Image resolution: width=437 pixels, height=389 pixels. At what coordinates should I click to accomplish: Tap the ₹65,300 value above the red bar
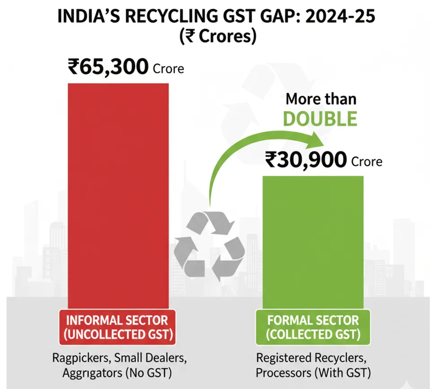coord(108,68)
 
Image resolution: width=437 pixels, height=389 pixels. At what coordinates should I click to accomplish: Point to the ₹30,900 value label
coord(305,160)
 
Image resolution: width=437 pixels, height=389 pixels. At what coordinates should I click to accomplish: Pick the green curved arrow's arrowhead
coord(315,142)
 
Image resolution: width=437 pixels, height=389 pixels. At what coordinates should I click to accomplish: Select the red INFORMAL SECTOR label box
coord(117,327)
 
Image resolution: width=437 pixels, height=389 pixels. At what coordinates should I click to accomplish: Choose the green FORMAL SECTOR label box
coord(313,327)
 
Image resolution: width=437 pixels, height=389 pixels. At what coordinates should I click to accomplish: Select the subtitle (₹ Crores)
coord(218,37)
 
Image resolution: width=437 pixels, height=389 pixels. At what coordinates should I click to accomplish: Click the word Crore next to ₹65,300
coord(169,69)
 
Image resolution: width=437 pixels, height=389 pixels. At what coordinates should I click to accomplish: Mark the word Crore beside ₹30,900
coord(367,162)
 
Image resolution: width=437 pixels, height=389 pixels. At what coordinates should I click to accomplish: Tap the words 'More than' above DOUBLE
coord(321,98)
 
